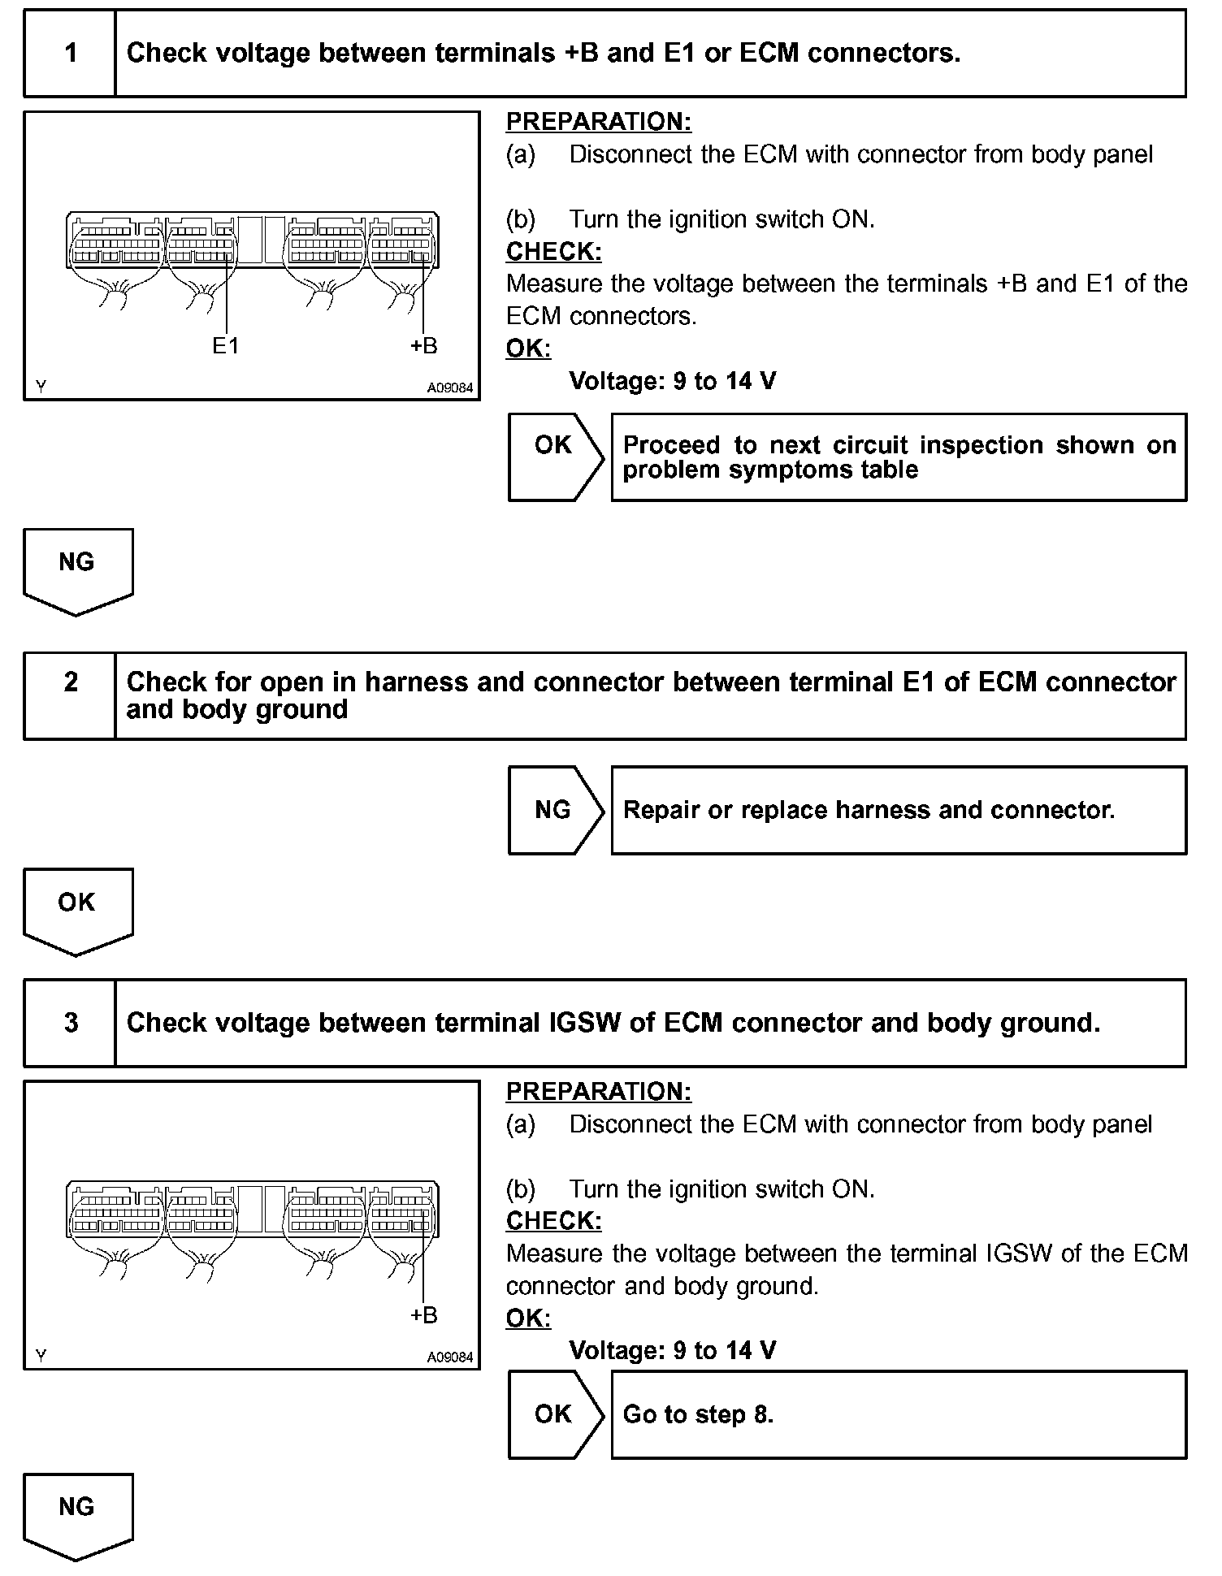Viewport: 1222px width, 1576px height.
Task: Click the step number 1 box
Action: click(x=71, y=54)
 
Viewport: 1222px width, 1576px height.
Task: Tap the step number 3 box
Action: click(x=71, y=1023)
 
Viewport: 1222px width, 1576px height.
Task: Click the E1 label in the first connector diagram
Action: click(x=226, y=346)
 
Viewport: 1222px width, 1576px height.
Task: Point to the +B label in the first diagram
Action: click(x=423, y=346)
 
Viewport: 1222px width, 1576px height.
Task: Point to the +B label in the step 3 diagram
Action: click(x=423, y=1315)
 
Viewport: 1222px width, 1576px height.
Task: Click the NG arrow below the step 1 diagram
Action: click(x=77, y=569)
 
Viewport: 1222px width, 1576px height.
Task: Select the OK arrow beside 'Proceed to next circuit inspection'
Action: click(x=555, y=456)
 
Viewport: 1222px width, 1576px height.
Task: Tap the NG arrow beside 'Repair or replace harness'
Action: click(x=555, y=810)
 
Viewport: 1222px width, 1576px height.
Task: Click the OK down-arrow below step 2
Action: click(x=77, y=908)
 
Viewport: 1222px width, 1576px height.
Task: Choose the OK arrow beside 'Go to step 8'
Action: click(x=555, y=1414)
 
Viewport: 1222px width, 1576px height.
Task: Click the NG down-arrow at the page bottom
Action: click(x=77, y=1513)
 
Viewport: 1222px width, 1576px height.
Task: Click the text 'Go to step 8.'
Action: click(x=698, y=1414)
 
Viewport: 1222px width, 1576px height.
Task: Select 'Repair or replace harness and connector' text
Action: click(x=869, y=810)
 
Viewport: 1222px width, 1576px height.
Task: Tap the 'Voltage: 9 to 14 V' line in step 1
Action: click(x=672, y=381)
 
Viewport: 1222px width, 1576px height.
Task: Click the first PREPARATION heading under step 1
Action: click(x=598, y=122)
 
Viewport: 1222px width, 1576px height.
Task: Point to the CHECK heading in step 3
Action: click(x=553, y=1221)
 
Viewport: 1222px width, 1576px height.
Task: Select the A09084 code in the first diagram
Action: click(x=450, y=388)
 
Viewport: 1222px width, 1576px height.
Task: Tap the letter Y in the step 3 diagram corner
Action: click(x=41, y=1355)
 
